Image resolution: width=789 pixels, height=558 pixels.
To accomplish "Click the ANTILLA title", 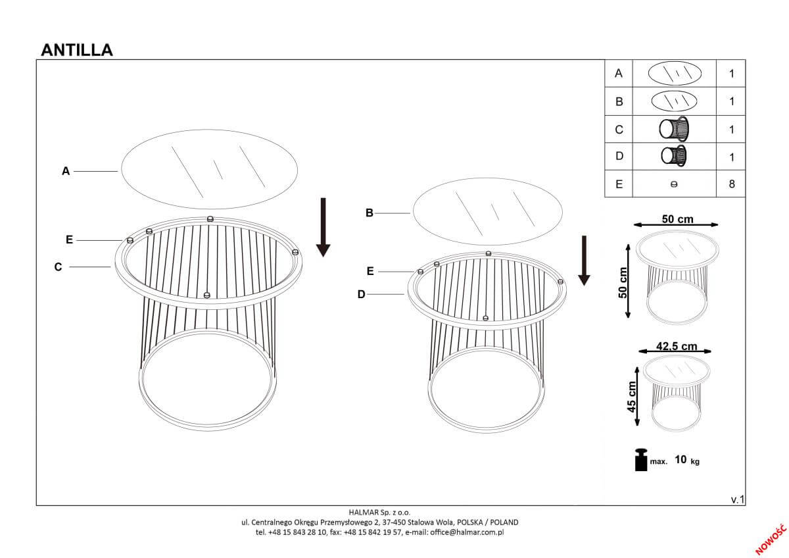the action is pos(77,50).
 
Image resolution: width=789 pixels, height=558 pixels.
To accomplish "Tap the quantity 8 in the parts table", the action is pos(732,184).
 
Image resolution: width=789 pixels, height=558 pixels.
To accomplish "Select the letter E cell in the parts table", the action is pos(619,184).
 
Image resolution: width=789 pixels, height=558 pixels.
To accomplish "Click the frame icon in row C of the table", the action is pos(674,129).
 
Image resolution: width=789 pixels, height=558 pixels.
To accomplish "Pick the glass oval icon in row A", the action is pos(675,73).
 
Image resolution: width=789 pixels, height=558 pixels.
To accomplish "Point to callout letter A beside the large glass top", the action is pos(66,171).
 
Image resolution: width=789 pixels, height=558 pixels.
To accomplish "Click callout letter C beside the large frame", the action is pos(58,267).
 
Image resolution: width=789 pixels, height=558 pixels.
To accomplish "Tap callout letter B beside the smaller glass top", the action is pos(369,213).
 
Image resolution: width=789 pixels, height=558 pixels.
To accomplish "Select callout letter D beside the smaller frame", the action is pos(362,294).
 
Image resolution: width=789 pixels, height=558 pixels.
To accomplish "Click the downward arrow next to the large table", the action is pos(323,228).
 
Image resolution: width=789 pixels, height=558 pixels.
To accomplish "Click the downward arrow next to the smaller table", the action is pos(584,261).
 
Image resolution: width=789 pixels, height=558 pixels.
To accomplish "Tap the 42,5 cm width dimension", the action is pos(677,346).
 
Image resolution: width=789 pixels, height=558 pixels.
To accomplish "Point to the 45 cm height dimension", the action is pos(632,397).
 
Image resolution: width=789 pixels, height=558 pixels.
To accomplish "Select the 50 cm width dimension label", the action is pos(677,219).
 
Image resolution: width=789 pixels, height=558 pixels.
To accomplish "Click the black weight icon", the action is pos(641,460).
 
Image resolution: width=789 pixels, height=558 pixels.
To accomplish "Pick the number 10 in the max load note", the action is pos(681,460).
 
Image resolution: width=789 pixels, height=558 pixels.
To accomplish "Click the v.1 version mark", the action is pos(738,499).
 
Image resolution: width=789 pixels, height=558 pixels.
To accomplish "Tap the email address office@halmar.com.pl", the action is pos(467,532).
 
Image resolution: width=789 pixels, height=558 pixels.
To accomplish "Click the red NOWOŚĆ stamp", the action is pos(771,540).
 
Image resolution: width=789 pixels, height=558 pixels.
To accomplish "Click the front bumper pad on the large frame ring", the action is pos(207,295).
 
